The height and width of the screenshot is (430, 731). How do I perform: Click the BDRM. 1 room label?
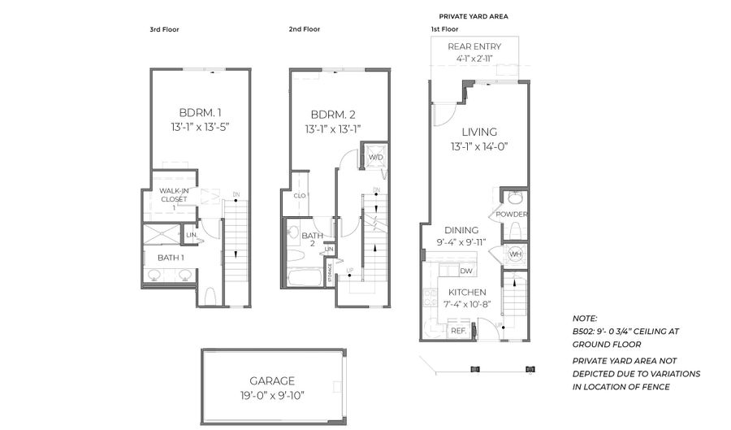coord(200,112)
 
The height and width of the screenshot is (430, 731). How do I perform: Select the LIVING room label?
coord(479,132)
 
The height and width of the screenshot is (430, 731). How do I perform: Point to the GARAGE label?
coord(272,380)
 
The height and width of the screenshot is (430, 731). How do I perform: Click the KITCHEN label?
coord(466,292)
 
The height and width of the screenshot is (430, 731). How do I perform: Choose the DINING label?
coord(461,230)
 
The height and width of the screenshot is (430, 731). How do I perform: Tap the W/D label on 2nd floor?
coord(376,157)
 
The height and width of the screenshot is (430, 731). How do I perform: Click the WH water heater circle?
coord(514,254)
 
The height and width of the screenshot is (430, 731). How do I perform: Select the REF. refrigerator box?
coord(458,331)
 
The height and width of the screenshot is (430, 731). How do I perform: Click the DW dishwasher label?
coord(465,271)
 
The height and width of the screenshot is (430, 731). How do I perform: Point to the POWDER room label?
coord(513,215)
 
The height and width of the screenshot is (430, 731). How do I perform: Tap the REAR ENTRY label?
coord(474,46)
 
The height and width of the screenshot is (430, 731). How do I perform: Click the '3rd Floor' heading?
coord(164,29)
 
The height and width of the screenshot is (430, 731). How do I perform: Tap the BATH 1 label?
coord(171,258)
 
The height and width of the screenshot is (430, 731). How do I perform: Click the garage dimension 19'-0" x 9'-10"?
coord(272,397)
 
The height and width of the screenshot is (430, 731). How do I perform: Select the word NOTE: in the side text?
coord(585,319)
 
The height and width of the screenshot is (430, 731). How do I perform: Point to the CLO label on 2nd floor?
coord(300,195)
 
